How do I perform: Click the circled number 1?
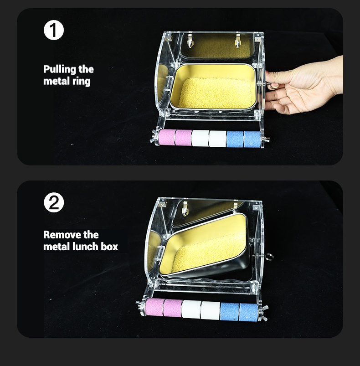[54, 30]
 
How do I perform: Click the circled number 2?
[54, 202]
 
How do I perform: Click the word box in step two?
[109, 247]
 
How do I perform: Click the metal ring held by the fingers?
[272, 86]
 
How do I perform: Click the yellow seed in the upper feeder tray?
[215, 93]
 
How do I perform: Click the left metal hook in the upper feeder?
[190, 41]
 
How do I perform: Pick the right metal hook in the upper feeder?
[237, 41]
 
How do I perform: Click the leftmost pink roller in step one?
[167, 137]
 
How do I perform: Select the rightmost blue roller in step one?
[252, 139]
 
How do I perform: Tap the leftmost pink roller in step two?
[154, 307]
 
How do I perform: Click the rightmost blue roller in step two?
[249, 312]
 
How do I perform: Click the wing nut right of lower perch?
[264, 313]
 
